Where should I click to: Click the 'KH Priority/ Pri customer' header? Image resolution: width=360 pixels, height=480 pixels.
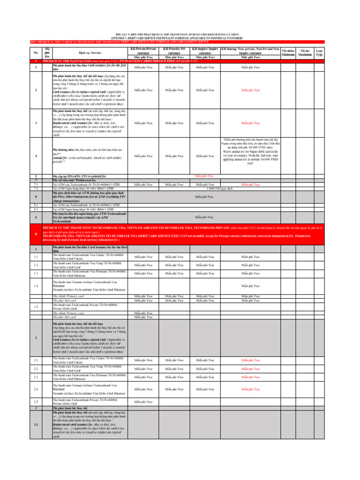[174, 51]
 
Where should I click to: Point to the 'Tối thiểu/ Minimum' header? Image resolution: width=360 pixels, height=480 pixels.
[288, 52]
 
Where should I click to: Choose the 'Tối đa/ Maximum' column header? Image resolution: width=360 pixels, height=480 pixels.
[305, 52]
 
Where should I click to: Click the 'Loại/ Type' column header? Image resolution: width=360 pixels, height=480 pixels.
[319, 52]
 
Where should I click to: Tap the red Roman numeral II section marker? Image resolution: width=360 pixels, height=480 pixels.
[36, 233]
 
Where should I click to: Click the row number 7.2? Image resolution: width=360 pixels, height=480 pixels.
[36, 188]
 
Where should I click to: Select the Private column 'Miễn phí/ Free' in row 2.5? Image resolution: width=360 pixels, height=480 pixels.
[143, 402]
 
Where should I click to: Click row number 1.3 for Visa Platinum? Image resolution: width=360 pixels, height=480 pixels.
[36, 273]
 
